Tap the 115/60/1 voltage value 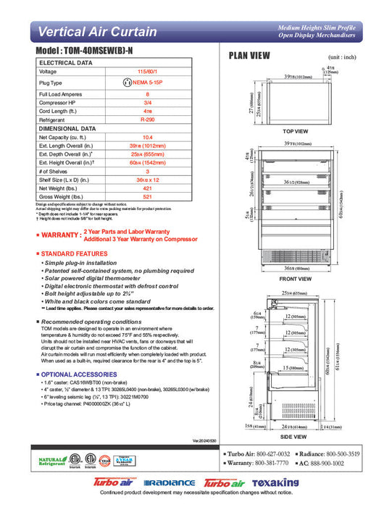tap(147, 72)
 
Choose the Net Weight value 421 tap(147, 188)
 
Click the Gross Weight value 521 tap(147, 196)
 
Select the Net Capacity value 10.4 tap(147, 137)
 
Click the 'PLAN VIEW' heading tap(249, 56)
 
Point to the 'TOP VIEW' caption tap(295, 131)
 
